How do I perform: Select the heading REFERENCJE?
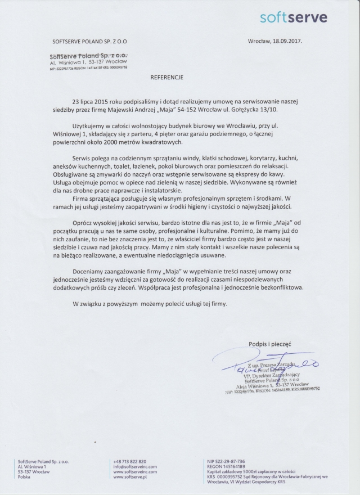coord(166,75)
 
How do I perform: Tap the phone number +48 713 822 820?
coord(129,461)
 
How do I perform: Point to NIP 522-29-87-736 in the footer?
coord(222,461)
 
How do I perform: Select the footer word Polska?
coord(24,476)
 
